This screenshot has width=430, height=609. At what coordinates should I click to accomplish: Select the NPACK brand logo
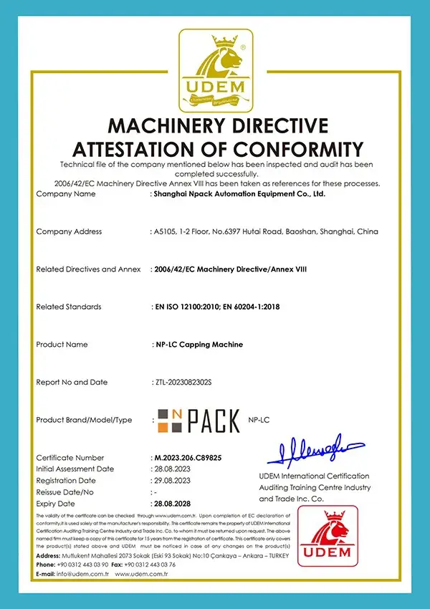coord(199,420)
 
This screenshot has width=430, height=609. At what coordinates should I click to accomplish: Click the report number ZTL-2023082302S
coord(187,382)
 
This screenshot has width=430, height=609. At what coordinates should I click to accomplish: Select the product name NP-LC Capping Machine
coord(199,345)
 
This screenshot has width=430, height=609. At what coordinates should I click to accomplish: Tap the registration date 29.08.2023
coord(172,480)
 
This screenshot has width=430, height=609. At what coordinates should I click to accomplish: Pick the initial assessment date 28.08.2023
coord(172,469)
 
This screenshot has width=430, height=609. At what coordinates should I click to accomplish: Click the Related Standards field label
coord(69,307)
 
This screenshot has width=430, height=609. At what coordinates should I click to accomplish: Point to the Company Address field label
coord(69,231)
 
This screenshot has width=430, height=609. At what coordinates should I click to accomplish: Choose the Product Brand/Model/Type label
coord(85,420)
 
